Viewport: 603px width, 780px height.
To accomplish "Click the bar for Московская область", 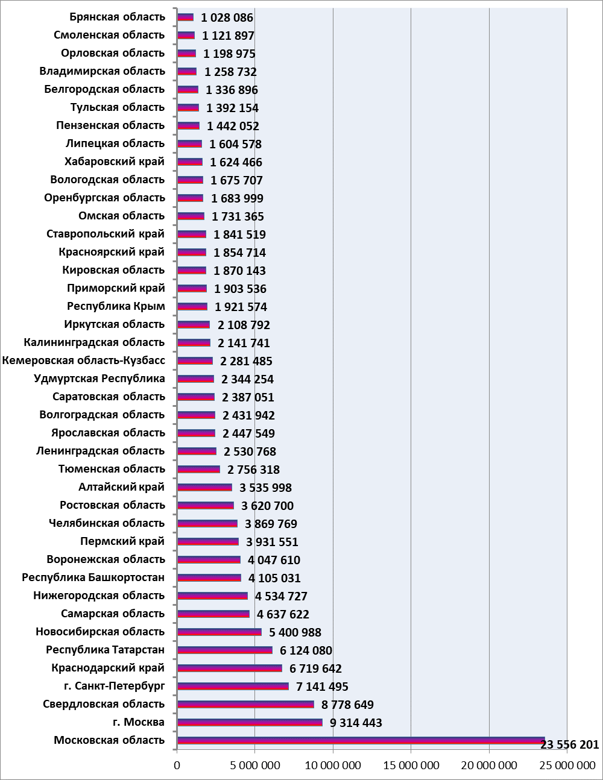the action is (361, 740).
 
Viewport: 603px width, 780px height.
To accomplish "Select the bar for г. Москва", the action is (250, 722).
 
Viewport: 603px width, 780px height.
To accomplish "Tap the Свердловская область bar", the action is (246, 704).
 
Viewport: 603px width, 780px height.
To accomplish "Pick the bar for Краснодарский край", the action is (230, 668).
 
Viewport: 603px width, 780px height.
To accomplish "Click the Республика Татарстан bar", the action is (225, 650).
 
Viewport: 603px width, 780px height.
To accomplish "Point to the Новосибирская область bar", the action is (219, 632).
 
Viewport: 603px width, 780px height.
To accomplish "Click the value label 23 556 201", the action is (570, 744).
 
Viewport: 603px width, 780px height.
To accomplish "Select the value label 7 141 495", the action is (322, 687).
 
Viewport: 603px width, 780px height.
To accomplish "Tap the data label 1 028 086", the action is (227, 17).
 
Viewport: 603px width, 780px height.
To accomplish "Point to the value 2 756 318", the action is (253, 470).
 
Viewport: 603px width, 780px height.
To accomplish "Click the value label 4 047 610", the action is (274, 560).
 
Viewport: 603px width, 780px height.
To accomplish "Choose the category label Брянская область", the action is (118, 17).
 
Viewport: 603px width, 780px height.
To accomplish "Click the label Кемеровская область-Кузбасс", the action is (84, 360).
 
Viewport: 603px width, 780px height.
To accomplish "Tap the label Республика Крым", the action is (116, 306).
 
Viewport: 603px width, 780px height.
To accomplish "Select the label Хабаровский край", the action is (115, 162).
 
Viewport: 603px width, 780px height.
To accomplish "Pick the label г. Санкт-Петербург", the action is (115, 686).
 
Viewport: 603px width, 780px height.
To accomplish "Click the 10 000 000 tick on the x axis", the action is (333, 765).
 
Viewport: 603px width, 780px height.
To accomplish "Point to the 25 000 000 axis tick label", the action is (567, 765).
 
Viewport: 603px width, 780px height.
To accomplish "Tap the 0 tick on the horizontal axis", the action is (177, 765).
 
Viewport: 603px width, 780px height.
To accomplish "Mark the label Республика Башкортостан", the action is (93, 577).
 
